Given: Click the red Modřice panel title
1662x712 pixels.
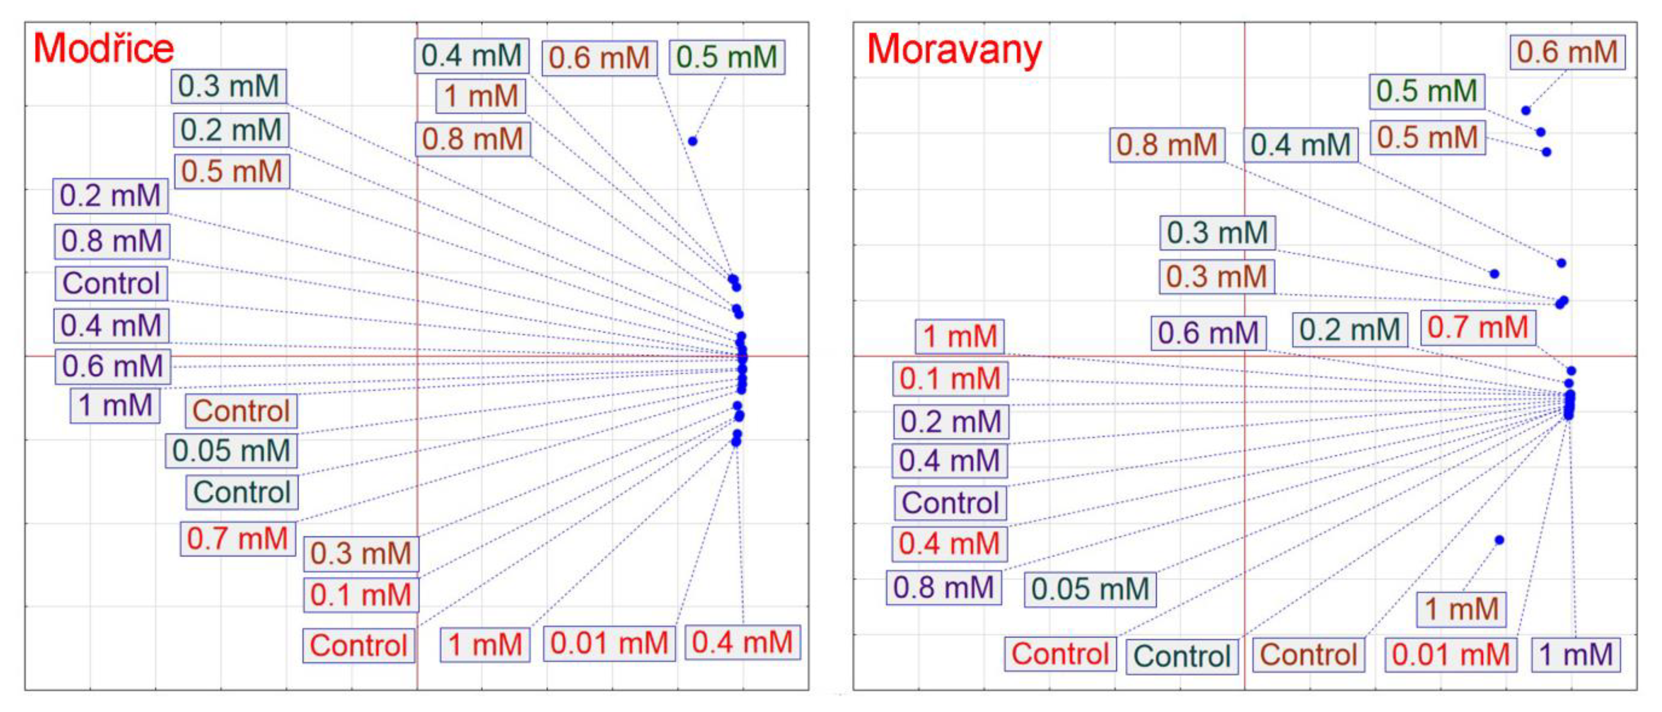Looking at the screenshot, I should coord(103,48).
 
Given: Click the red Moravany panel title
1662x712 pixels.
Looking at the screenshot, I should coord(954,50).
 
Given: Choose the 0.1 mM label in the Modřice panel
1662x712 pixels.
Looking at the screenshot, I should coord(361,595).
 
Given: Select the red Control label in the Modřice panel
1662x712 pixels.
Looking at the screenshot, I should coord(359,645).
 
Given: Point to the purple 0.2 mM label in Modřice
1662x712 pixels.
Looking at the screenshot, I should coord(110,196).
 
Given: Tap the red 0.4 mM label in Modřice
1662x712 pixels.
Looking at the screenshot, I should coord(742,642).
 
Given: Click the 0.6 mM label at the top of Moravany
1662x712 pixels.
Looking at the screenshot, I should coord(1567,52).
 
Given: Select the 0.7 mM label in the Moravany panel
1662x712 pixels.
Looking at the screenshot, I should coord(1478,328).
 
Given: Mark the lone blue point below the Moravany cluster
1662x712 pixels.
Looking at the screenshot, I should coord(1499,540).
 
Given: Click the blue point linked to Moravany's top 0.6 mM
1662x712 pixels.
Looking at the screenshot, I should coord(1526,111).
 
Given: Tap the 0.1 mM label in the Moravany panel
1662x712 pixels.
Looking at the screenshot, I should coord(950,379).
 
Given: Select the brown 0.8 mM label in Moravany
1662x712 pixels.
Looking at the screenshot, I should coord(1166,145).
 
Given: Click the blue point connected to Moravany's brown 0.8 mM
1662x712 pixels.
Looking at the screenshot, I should coord(1494,274).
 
